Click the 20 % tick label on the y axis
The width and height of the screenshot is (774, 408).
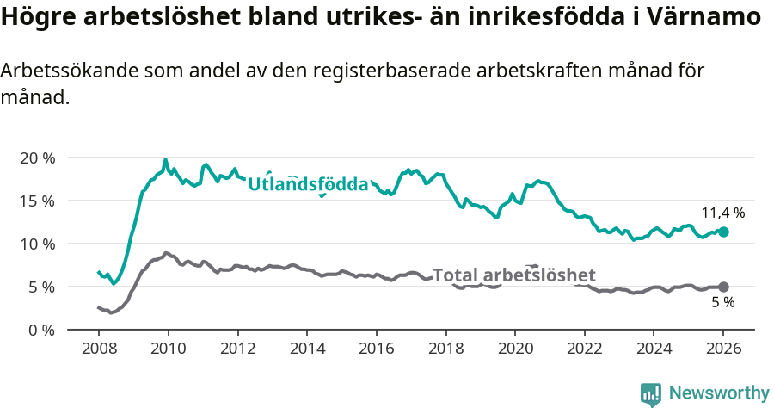[37, 158]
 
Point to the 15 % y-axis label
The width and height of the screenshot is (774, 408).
[37, 201]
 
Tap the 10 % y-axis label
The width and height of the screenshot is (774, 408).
[37, 244]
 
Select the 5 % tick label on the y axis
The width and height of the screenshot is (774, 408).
[40, 287]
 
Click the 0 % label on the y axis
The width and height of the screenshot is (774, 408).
[40, 330]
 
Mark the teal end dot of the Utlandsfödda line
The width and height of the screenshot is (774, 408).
[723, 232]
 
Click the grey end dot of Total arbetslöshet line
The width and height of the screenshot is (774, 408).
[723, 287]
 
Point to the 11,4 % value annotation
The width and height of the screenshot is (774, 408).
[723, 213]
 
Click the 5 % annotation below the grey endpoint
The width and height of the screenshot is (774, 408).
[723, 303]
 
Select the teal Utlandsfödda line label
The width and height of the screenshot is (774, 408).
[308, 184]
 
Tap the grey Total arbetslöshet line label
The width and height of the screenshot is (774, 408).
[513, 275]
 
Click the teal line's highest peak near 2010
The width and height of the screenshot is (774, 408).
[165, 159]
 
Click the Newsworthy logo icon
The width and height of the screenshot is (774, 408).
[651, 394]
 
